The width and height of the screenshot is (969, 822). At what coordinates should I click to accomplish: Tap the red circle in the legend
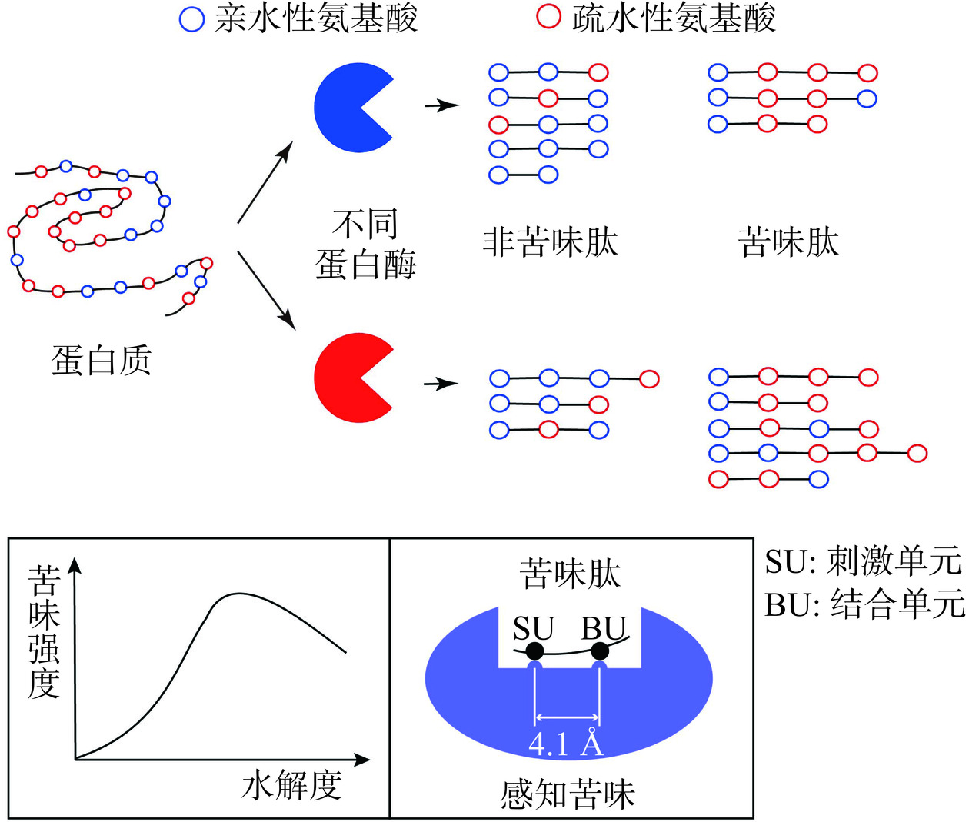tap(548, 17)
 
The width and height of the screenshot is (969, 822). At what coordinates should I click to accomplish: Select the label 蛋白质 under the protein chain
tap(102, 360)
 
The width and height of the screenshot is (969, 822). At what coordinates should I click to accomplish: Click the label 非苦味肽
tap(550, 241)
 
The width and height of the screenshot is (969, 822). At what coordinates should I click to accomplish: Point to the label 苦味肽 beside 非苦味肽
tap(788, 241)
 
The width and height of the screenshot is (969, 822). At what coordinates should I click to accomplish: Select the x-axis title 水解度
tap(291, 785)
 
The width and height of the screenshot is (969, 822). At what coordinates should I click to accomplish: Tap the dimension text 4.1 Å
tap(566, 744)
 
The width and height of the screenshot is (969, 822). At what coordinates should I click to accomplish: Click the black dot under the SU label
tap(535, 652)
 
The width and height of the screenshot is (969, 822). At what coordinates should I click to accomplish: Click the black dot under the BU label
tap(600, 652)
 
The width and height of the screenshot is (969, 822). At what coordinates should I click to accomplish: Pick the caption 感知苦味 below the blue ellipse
tap(568, 794)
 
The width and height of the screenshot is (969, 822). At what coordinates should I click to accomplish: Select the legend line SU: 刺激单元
tap(863, 561)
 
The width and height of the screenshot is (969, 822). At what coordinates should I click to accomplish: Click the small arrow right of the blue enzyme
tap(442, 105)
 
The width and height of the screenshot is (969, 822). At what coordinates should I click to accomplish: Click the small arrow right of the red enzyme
tap(441, 383)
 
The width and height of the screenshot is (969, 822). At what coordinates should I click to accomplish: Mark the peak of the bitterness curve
tap(238, 594)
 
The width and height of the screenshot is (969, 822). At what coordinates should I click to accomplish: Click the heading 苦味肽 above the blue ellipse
tap(570, 574)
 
